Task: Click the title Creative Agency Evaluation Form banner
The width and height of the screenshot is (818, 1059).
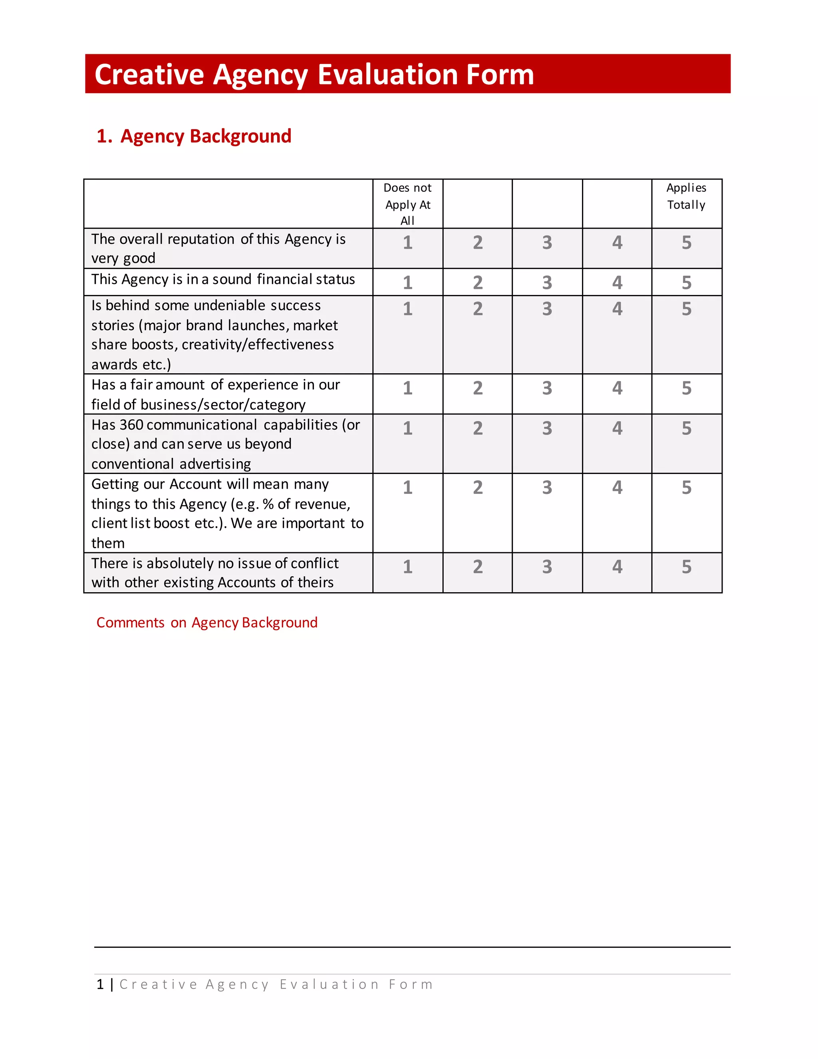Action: point(314,74)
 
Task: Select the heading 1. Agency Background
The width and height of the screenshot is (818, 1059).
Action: point(194,136)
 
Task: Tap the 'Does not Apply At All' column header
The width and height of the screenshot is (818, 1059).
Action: point(407,204)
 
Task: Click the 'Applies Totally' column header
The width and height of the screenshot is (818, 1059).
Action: point(686,196)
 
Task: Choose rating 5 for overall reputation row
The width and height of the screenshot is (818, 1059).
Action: point(686,243)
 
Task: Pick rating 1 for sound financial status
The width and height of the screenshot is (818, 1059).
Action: point(407,283)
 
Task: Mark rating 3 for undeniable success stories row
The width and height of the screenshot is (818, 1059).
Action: point(547,309)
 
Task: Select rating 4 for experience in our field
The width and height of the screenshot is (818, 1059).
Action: point(617,388)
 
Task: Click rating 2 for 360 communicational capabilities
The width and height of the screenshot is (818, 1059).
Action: point(478,428)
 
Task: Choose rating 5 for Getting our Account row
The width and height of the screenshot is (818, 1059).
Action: point(686,487)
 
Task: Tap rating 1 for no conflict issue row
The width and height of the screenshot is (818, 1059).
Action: point(407,567)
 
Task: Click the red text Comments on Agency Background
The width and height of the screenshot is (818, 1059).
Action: point(207,623)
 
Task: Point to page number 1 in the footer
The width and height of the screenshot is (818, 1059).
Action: point(100,984)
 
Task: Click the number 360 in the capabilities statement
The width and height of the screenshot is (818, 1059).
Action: point(131,425)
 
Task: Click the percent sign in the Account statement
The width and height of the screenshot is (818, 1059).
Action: point(268,504)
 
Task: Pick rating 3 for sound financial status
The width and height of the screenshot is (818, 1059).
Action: point(547,283)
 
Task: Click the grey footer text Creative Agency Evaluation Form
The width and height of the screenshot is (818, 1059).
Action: point(276,984)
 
